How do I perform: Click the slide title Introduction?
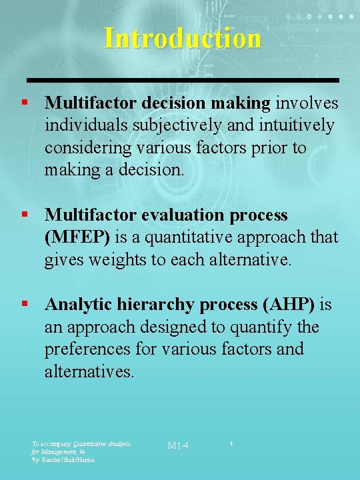[183, 38]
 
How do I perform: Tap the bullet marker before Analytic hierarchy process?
[24, 304]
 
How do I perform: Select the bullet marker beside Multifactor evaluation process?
[24, 215]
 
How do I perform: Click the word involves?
[307, 103]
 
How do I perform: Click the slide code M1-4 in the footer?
[178, 445]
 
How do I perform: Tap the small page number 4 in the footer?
[231, 443]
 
